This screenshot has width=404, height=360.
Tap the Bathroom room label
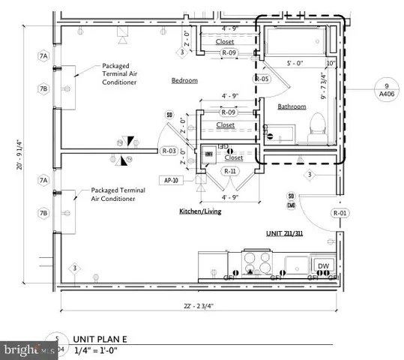pos(292,106)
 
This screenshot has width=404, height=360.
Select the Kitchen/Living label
pos(199,211)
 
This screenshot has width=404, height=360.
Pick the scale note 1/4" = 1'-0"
pos(97,349)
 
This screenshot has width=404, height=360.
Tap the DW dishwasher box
pos(323,266)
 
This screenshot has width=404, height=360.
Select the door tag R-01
pos(342,212)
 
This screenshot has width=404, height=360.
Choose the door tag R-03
pos(169,151)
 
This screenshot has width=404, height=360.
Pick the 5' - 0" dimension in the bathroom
pos(297,64)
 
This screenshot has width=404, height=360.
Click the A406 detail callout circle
pos(385,91)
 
